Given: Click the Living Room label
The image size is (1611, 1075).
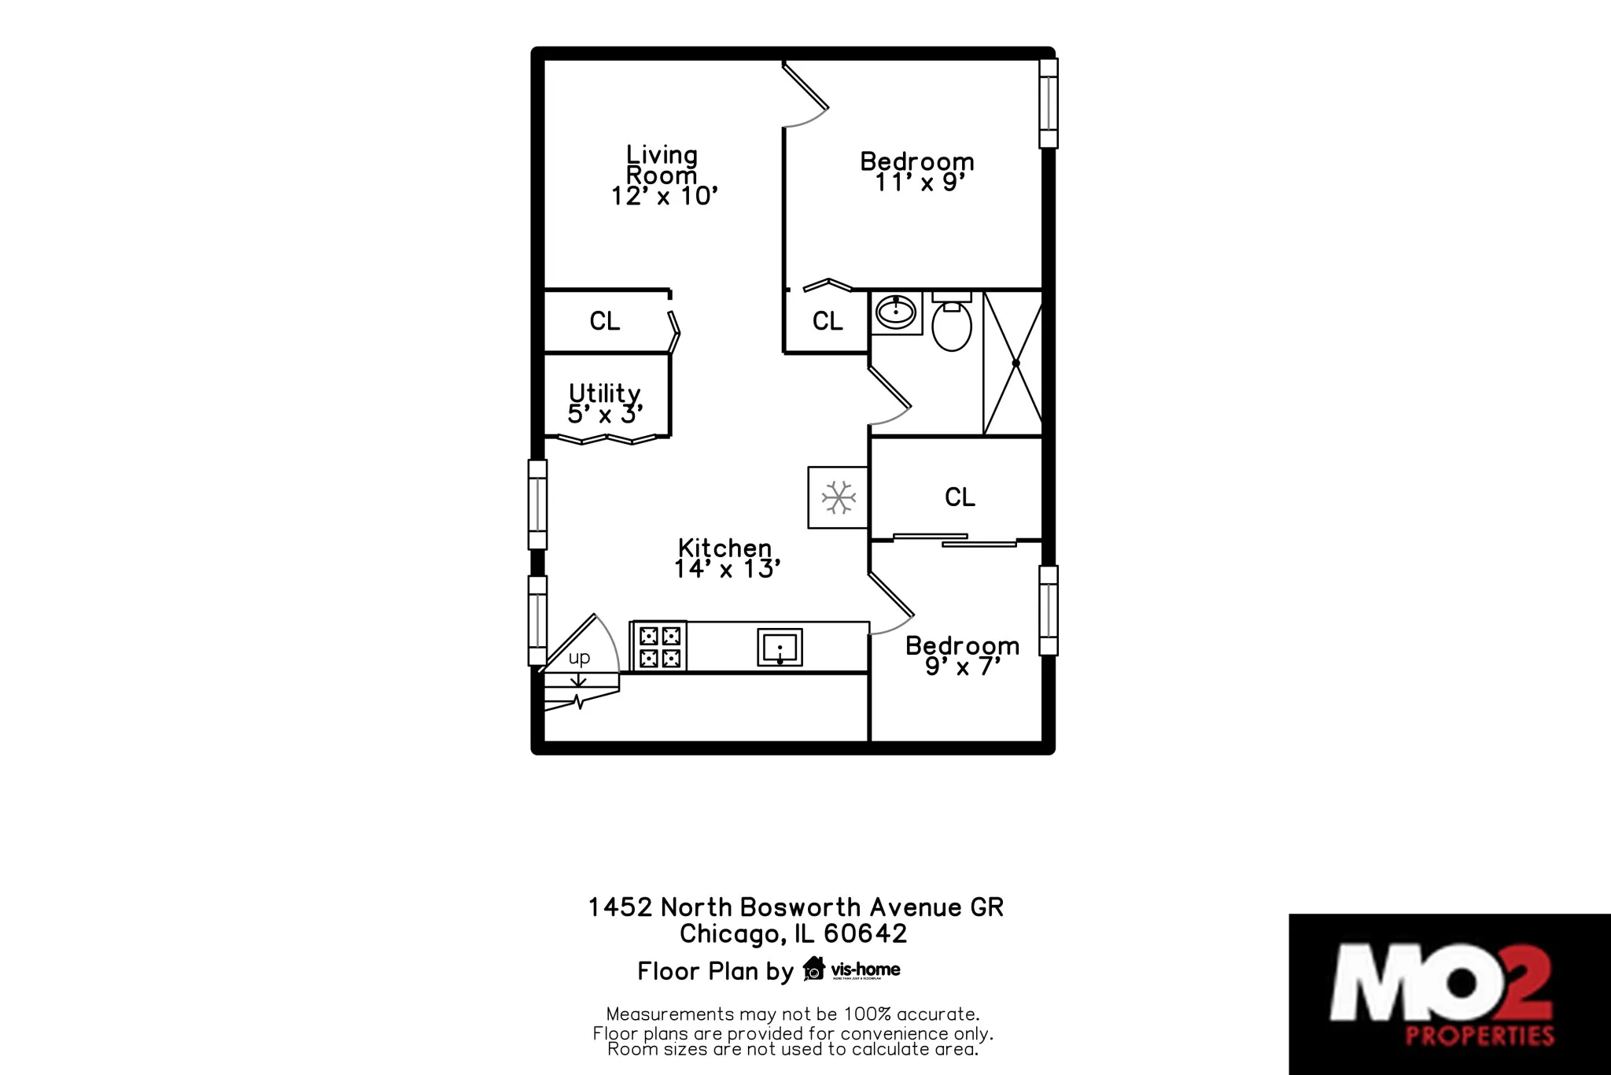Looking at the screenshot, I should (662, 164).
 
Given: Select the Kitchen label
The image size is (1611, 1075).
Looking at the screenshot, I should (724, 548).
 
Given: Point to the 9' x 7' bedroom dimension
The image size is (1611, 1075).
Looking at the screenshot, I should (962, 667).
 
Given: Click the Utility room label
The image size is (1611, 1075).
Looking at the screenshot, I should (604, 393).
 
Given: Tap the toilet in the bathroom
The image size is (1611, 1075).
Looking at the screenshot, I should (952, 324).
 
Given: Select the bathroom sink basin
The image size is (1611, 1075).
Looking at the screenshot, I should (896, 313).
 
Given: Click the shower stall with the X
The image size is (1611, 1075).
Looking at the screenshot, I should (1013, 363).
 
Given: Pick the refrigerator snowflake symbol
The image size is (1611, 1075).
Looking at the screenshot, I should (839, 497).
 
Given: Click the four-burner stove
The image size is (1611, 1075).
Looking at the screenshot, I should (659, 646).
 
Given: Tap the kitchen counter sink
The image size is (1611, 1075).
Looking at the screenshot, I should (780, 647).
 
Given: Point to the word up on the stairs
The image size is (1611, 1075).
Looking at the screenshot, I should (579, 658).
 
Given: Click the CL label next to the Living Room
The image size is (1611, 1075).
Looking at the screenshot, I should (605, 321).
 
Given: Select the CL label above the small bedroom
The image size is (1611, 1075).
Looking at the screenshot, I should (960, 497).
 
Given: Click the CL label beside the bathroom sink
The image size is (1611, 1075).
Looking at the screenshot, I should (828, 321).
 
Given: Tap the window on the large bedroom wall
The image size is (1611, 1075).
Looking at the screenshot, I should (1048, 103).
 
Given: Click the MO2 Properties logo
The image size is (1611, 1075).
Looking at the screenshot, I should (1449, 994).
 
